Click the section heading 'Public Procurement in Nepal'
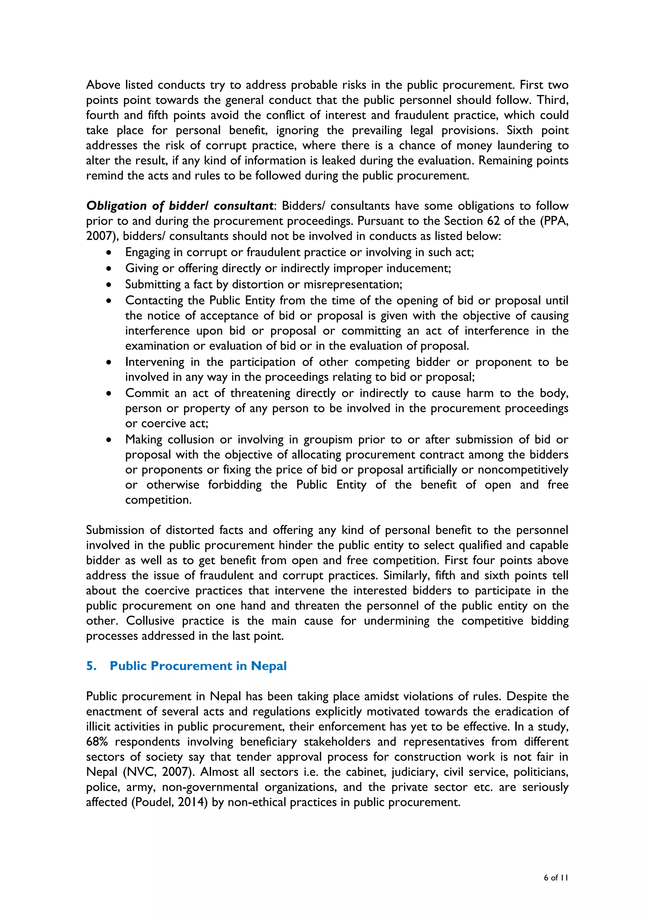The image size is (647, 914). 198,666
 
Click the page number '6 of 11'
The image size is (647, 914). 556,877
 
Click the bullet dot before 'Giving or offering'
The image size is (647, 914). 109,269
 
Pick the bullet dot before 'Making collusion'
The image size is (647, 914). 109,440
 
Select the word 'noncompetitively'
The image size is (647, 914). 523,470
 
